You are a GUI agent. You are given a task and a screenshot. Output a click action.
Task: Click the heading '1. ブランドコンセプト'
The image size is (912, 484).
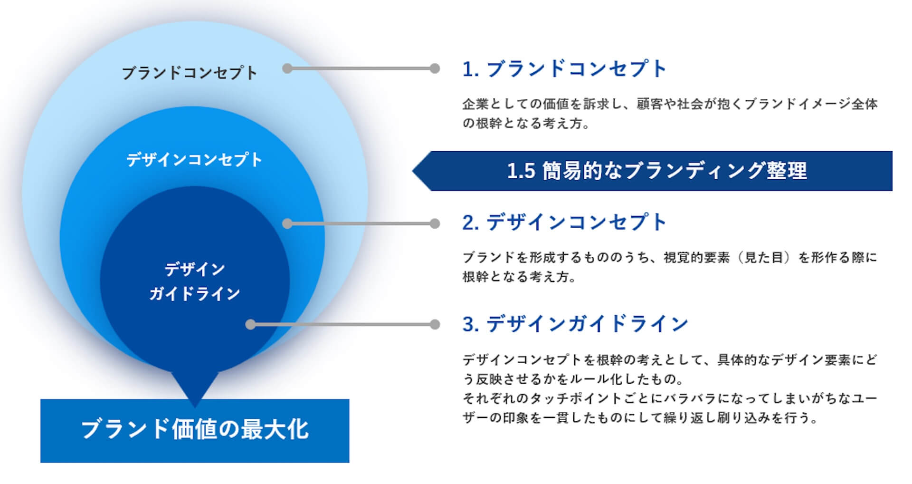pyautogui.click(x=565, y=69)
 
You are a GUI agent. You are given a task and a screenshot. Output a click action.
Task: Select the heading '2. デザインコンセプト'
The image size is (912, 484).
pyautogui.click(x=565, y=223)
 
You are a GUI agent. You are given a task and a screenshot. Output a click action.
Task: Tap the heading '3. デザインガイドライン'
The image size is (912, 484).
pyautogui.click(x=575, y=324)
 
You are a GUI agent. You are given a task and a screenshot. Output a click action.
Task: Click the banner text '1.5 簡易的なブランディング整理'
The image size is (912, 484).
pyautogui.click(x=657, y=171)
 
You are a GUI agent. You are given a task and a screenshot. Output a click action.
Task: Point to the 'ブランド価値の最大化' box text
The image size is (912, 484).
pyautogui.click(x=195, y=429)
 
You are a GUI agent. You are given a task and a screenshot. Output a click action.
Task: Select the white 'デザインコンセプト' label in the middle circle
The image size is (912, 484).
pyautogui.click(x=194, y=160)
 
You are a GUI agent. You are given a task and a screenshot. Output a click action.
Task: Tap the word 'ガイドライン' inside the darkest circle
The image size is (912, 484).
pyautogui.click(x=195, y=294)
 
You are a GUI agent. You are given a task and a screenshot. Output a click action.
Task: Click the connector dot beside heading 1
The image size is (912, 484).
pyautogui.click(x=435, y=68)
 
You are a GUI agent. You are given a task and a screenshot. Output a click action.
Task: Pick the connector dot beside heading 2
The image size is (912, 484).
pyautogui.click(x=435, y=223)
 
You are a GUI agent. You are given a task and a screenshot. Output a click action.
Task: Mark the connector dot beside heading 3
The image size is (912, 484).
pyautogui.click(x=435, y=325)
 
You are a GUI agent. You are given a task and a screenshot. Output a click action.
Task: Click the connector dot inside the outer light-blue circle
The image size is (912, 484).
pyautogui.click(x=287, y=68)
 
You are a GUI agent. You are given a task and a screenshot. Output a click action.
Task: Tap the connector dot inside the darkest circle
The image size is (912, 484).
pyautogui.click(x=251, y=325)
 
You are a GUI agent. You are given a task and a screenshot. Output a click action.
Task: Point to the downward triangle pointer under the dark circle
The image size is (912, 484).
pyautogui.click(x=195, y=387)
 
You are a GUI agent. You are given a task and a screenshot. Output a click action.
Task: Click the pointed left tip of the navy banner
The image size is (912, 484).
pyautogui.click(x=412, y=171)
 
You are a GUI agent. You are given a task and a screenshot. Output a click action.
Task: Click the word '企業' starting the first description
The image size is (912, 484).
pyautogui.click(x=475, y=104)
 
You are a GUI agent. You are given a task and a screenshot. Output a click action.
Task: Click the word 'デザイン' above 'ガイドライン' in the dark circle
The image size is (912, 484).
pyautogui.click(x=195, y=270)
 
